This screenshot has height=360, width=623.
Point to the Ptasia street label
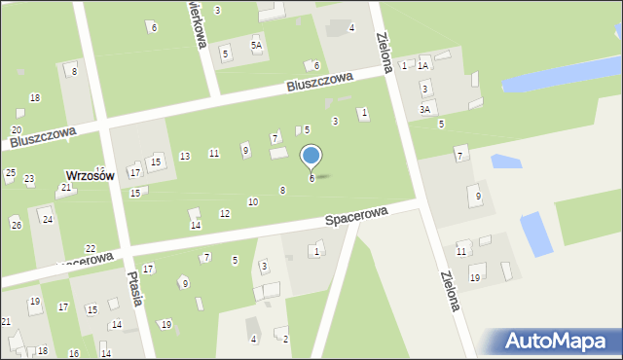[135, 288]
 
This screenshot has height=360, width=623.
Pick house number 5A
[257, 45]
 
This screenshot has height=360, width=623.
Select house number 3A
[424, 110]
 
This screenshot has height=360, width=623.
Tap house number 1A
[422, 65]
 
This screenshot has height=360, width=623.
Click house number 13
[185, 156]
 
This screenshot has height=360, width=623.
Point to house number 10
[253, 201]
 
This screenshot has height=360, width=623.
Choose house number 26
[16, 225]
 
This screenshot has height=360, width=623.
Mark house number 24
[47, 219]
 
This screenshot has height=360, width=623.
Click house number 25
[10, 173]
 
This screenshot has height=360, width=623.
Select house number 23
[29, 179]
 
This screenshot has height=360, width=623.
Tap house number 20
[17, 129]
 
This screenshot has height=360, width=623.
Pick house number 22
[91, 249]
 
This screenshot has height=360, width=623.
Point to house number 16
[75, 353]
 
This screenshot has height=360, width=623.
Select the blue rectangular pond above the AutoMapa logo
[536, 234]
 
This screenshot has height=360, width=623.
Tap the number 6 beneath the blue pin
[311, 178]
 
